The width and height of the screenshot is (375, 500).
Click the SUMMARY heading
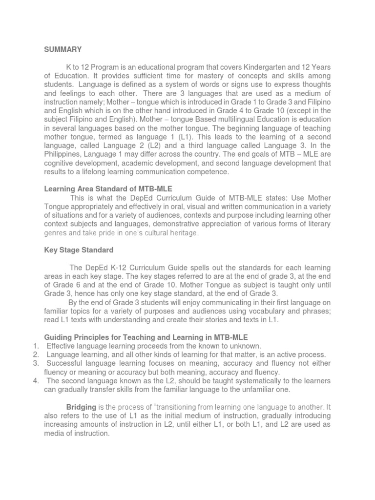click(63, 49)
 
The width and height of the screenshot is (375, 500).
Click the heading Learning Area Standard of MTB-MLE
click(108, 189)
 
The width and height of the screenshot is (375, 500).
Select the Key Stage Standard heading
click(79, 250)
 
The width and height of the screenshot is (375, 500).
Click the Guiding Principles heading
click(146, 337)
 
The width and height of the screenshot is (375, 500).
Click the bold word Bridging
click(81, 407)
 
